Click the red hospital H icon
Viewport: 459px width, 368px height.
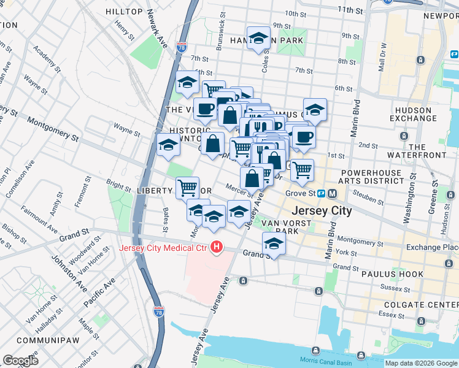[x=216, y=247]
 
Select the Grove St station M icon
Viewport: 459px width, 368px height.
[x=332, y=193]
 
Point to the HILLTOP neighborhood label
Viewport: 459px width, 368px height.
[x=124, y=12]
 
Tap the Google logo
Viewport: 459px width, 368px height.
[x=20, y=361]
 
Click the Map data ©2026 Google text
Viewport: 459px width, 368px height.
[x=421, y=363]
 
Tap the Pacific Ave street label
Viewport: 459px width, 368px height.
[x=99, y=294]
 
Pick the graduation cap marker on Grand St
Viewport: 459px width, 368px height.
[x=274, y=243]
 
